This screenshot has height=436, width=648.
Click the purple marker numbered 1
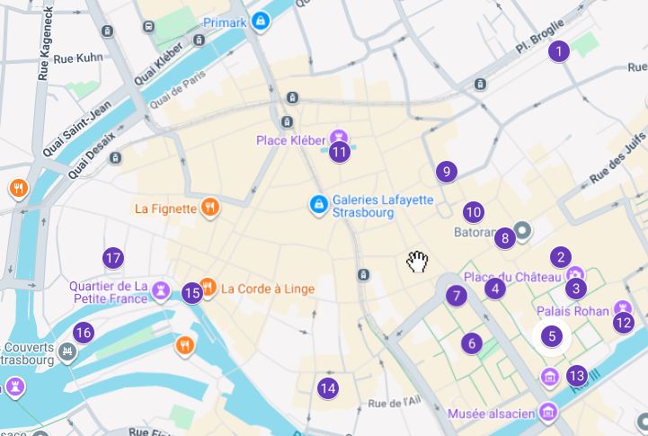click(x=559, y=51)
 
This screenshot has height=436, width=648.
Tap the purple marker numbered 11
click(x=339, y=152)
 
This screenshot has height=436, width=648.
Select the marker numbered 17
click(x=112, y=259)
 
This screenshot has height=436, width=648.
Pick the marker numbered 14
click(x=328, y=388)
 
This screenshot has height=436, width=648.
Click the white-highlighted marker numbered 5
click(x=551, y=337)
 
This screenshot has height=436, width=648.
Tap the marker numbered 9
click(x=446, y=172)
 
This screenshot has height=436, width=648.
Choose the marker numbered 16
click(x=83, y=333)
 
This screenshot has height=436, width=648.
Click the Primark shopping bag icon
click(x=261, y=21)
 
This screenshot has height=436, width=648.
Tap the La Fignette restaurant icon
click(x=209, y=209)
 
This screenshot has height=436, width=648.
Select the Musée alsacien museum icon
click(x=548, y=413)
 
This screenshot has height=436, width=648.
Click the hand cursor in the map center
click(x=417, y=262)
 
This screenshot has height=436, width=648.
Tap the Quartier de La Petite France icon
click(x=161, y=289)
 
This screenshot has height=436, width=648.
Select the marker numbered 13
click(x=577, y=376)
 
